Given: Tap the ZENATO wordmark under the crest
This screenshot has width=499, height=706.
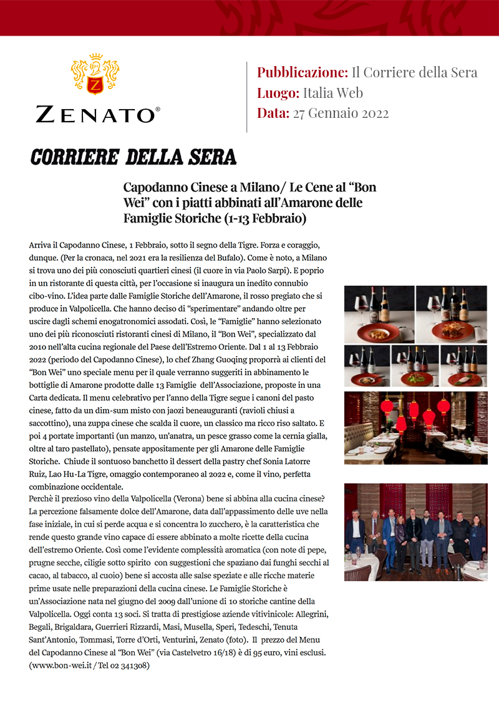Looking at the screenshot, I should tap(95, 114).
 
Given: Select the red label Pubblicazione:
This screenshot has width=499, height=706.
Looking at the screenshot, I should tap(302, 72).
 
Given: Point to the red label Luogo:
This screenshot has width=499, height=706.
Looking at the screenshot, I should tap(278, 94).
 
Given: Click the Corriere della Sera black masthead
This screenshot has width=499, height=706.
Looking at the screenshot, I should tap(133, 157).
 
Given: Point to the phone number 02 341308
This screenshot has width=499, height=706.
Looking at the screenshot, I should tap(130, 665).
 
